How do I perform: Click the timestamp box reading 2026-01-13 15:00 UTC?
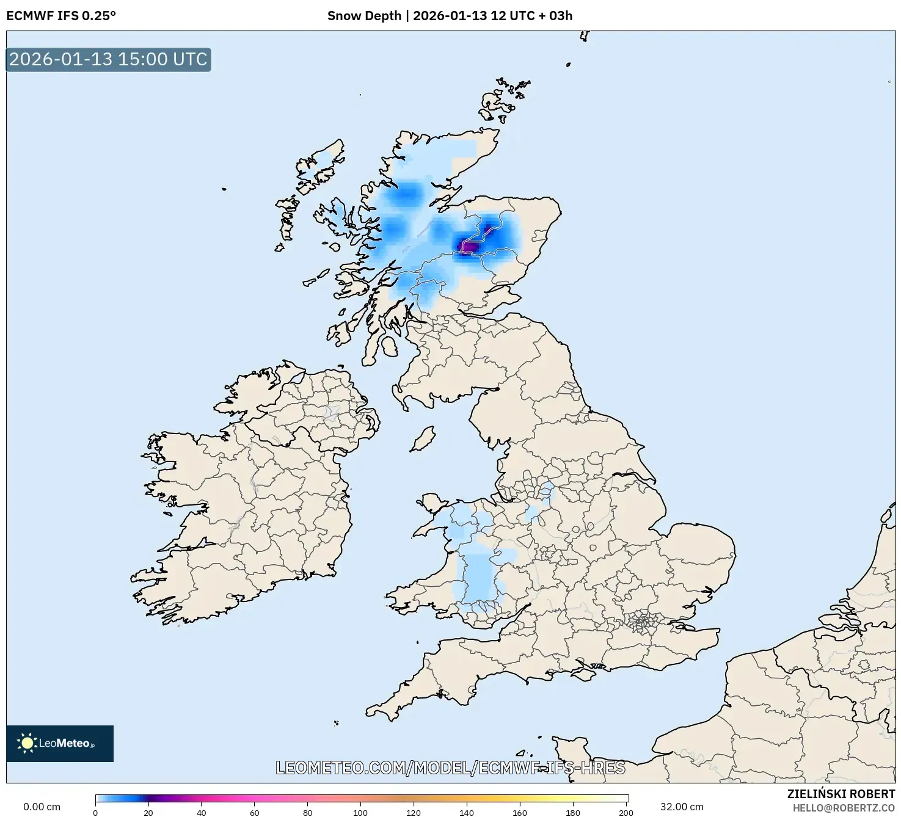[108, 59]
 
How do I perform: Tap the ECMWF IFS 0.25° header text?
[61, 16]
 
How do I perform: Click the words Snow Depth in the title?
[364, 16]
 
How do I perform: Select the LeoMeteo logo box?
[60, 743]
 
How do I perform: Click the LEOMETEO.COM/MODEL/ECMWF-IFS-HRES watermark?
[450, 768]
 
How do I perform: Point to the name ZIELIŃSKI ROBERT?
[841, 794]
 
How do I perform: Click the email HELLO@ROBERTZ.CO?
[844, 808]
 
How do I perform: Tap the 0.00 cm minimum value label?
[42, 807]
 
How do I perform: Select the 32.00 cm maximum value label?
[682, 807]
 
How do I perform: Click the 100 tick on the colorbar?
[360, 812]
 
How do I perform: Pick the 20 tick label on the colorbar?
[148, 812]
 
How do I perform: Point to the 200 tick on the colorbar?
[626, 812]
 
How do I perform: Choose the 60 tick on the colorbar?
[255, 812]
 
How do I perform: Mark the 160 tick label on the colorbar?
[520, 812]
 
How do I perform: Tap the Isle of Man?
[423, 438]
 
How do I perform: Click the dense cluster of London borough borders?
[643, 622]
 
